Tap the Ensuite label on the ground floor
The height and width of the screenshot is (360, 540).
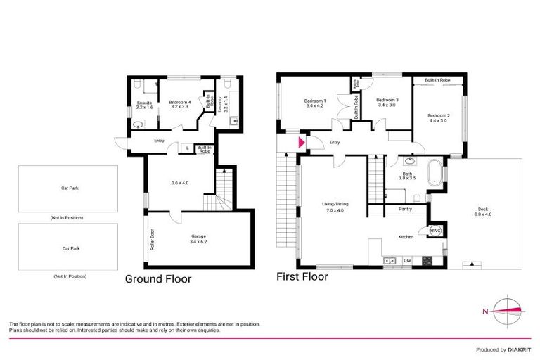click(x=143, y=107)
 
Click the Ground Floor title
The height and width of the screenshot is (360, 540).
click(x=157, y=278)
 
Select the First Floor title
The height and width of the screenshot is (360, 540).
click(x=302, y=276)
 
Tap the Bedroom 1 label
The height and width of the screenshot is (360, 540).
click(x=314, y=103)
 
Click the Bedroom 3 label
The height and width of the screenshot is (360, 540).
click(x=387, y=102)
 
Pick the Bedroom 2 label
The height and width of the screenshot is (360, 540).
click(x=438, y=117)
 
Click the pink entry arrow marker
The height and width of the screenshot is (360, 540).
click(x=302, y=143)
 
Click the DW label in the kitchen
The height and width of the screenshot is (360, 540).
click(x=407, y=262)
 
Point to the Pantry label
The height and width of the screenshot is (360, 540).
click(x=405, y=209)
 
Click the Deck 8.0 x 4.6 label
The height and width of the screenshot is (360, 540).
click(x=482, y=211)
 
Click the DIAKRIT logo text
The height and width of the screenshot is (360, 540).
click(x=515, y=349)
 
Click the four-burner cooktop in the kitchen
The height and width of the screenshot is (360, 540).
click(x=426, y=262)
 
